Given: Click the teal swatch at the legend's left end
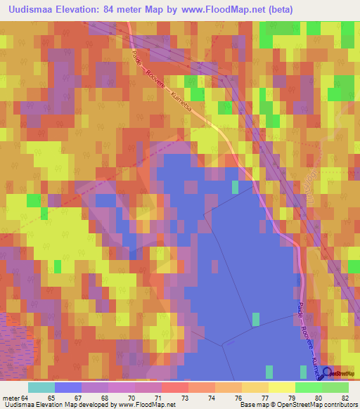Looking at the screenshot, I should (x=41, y=388).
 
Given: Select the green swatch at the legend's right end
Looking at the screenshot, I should (x=335, y=388).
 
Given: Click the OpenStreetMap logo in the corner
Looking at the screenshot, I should (x=340, y=372).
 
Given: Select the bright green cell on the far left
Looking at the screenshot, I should (x=32, y=200).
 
